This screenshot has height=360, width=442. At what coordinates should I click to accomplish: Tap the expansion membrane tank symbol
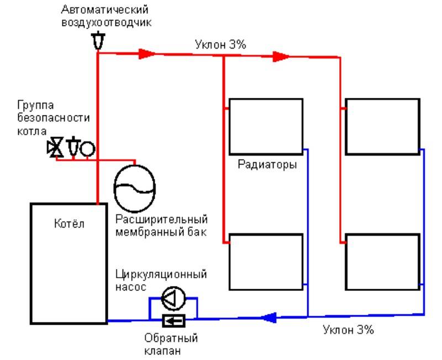click(135, 188)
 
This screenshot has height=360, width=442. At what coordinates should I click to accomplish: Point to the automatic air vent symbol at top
click(97, 41)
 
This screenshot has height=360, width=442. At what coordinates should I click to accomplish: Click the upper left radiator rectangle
click(266, 126)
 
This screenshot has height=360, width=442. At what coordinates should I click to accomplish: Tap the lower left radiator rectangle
click(266, 262)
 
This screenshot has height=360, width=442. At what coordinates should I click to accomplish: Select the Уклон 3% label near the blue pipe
click(349, 330)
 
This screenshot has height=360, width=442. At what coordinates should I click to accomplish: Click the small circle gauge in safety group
click(87, 148)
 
